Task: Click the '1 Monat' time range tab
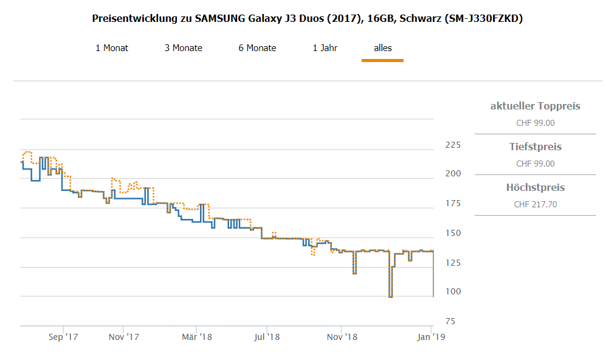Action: [112, 48]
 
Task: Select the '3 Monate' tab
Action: [183, 48]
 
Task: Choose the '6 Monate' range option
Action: [257, 48]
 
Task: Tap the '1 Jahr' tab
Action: [325, 48]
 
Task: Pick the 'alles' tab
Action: [382, 48]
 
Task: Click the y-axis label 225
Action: [453, 145]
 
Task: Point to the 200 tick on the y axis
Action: [453, 174]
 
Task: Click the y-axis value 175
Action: [453, 204]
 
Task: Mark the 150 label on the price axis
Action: [453, 234]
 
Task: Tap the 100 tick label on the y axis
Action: [453, 292]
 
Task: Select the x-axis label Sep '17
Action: [63, 336]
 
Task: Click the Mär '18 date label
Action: [196, 336]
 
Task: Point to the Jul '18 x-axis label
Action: [266, 336]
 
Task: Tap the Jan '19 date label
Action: [430, 336]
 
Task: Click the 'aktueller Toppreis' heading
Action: [535, 106]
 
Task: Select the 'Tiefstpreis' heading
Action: [535, 147]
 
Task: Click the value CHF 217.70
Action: [535, 204]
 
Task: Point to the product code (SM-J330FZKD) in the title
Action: [484, 19]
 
